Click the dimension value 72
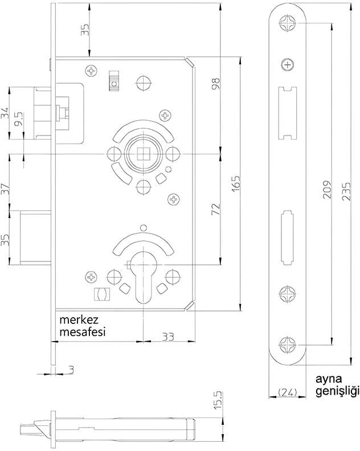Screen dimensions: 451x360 point(215,208)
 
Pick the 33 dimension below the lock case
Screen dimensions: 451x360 point(167,336)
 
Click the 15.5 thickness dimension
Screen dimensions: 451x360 point(216,401)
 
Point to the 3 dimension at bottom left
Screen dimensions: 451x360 point(71,369)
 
